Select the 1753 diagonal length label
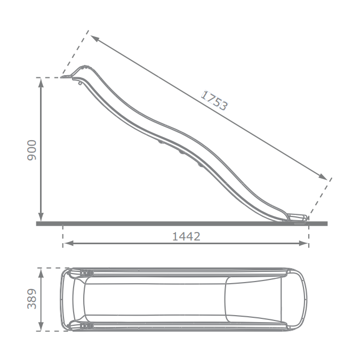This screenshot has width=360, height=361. click(214, 100)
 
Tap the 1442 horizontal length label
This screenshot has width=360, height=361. click(186, 236)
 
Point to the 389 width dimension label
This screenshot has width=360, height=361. click(31, 299)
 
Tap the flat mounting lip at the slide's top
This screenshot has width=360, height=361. click(67, 77)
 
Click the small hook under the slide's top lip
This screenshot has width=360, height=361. click(80, 83)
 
